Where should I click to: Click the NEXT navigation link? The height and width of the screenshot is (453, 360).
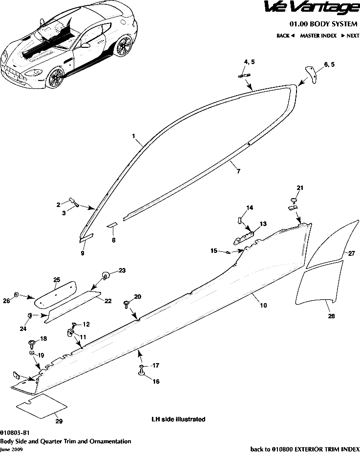(350, 36)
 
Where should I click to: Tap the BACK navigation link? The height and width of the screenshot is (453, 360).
(285, 36)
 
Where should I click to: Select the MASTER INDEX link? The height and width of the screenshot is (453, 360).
(318, 36)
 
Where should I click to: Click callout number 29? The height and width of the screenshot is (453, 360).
(59, 421)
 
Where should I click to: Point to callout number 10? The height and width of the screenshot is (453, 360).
(263, 305)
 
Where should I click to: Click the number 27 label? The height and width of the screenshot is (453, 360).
(351, 253)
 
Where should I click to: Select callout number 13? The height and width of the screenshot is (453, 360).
(263, 224)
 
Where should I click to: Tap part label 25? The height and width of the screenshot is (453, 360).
(57, 279)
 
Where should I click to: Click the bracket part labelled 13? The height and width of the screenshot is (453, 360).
(244, 237)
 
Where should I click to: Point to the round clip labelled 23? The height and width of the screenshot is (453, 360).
(106, 275)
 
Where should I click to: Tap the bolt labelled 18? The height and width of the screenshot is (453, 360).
(32, 343)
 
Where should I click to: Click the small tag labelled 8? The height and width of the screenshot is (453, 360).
(112, 225)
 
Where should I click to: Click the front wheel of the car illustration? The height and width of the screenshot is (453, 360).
(56, 78)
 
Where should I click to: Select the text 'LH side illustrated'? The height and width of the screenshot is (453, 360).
(178, 419)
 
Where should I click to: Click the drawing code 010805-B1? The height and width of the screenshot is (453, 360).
(15, 432)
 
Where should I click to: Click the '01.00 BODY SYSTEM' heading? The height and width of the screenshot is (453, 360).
(323, 24)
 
